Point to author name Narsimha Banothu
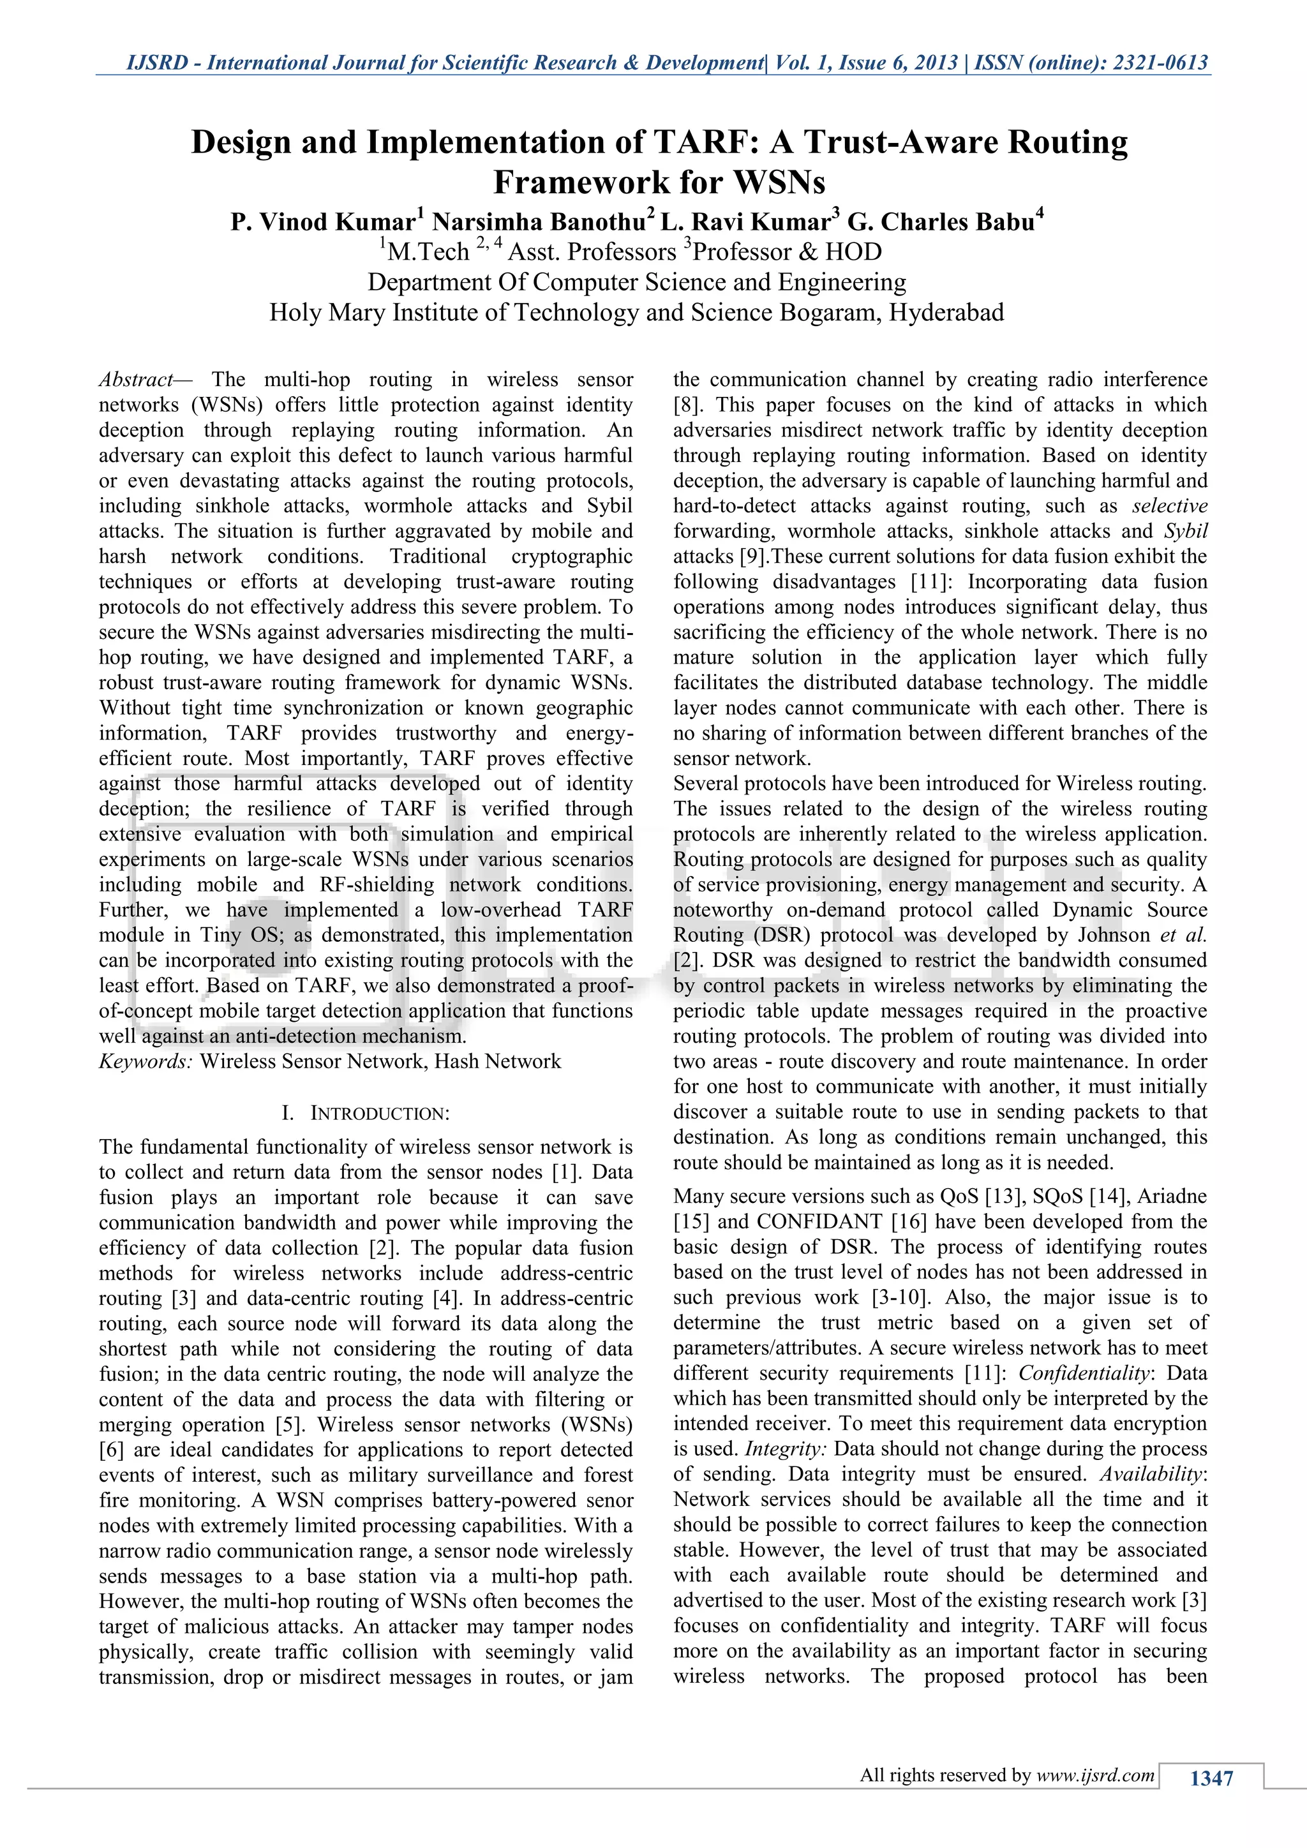click(x=539, y=221)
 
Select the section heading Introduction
click(x=379, y=1114)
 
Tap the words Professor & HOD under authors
click(x=786, y=252)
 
